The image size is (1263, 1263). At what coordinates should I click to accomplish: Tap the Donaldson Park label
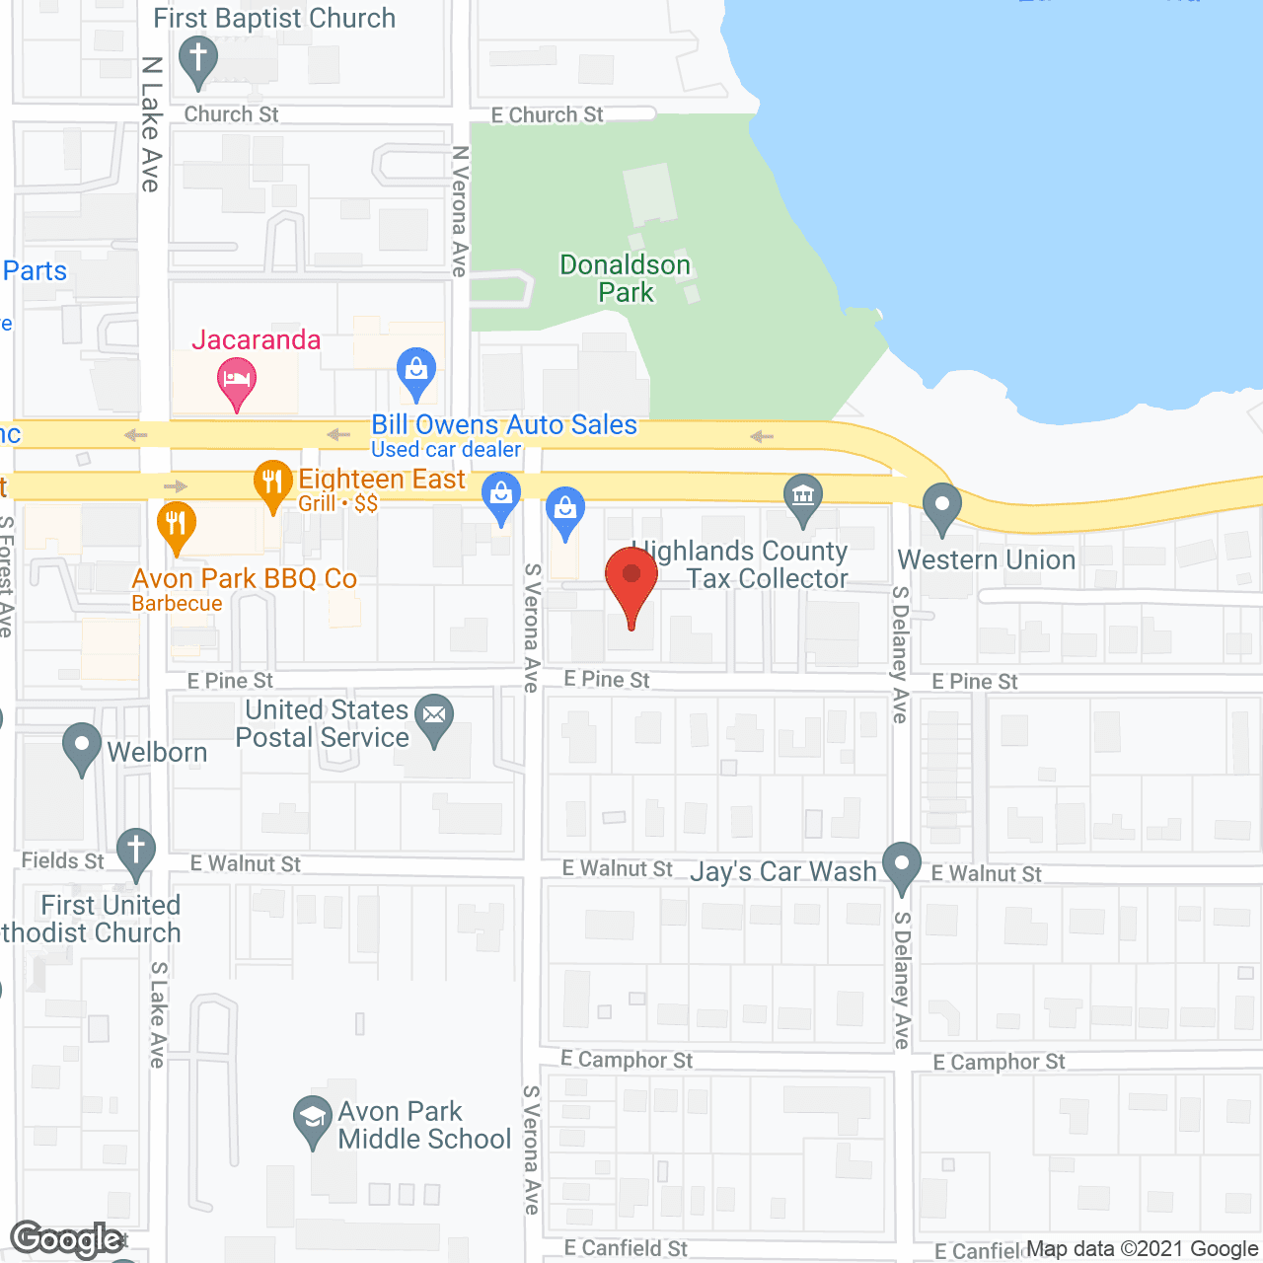(x=625, y=278)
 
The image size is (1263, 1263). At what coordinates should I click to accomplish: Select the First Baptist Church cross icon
(x=198, y=59)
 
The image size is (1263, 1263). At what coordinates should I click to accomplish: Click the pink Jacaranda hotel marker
(x=236, y=380)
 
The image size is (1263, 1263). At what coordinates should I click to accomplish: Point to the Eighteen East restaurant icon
(x=273, y=483)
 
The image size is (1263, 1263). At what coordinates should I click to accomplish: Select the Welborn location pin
(x=82, y=747)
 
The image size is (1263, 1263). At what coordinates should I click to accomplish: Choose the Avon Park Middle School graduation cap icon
(x=313, y=1119)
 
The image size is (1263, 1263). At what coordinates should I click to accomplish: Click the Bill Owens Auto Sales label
(x=504, y=425)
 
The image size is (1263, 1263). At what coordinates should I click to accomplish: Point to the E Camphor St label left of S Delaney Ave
(x=627, y=1060)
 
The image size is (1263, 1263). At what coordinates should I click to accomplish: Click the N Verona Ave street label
(x=460, y=211)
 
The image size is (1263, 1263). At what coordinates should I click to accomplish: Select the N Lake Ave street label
(x=151, y=123)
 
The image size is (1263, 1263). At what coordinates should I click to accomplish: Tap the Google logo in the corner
(x=67, y=1239)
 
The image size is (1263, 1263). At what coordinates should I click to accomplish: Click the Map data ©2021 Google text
(x=1143, y=1249)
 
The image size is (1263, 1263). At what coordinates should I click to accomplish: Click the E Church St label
(x=548, y=115)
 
